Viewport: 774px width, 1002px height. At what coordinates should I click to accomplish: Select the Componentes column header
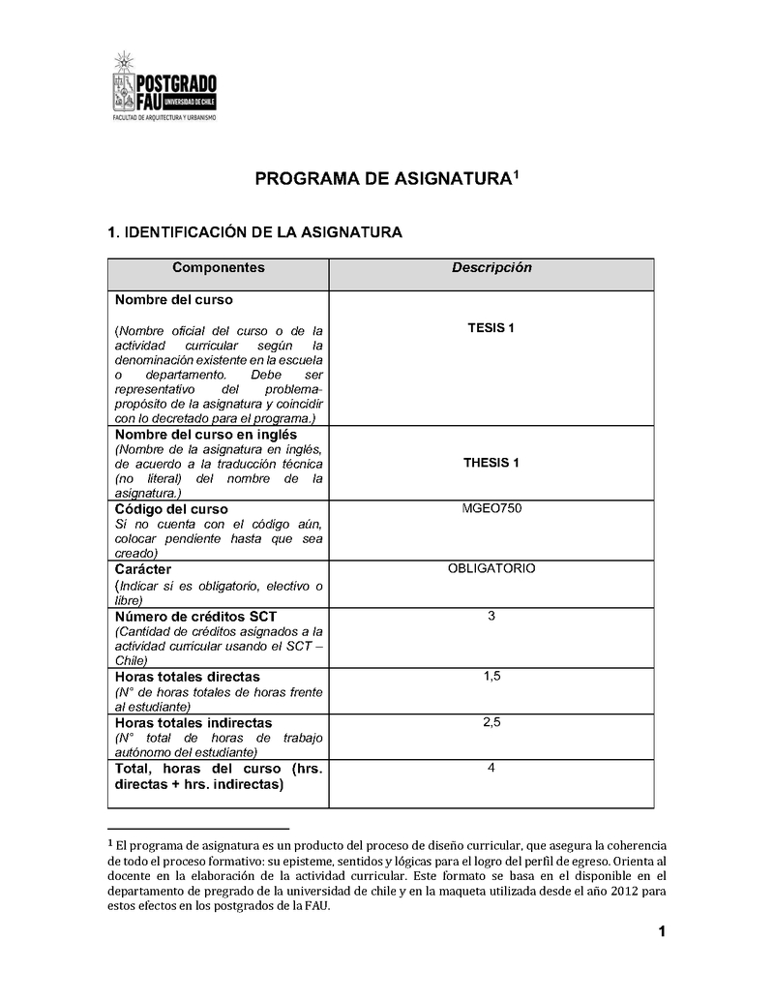pos(218,268)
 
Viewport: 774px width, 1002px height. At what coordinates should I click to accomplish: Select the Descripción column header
pos(491,268)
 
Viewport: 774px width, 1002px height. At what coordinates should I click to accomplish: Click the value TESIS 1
pos(491,328)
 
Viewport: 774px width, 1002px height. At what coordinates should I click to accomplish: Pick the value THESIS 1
pos(491,463)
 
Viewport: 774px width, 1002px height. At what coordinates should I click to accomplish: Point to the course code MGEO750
pos(491,508)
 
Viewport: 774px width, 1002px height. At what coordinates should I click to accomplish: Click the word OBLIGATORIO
pos(491,568)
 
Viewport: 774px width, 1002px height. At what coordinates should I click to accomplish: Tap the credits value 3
pos(491,616)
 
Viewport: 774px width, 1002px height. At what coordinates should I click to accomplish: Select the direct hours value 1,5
pos(491,676)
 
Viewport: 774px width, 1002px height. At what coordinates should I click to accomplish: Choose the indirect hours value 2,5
pos(491,722)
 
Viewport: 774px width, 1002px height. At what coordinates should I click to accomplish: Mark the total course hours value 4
pos(491,768)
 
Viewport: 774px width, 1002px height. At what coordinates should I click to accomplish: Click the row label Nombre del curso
pos(174,300)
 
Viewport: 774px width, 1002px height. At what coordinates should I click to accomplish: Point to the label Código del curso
pos(172,508)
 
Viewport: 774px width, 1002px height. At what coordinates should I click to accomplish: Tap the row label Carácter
pos(143,569)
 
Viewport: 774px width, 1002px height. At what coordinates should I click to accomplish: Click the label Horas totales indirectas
pos(193,723)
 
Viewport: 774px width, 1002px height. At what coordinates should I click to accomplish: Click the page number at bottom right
pos(661,932)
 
